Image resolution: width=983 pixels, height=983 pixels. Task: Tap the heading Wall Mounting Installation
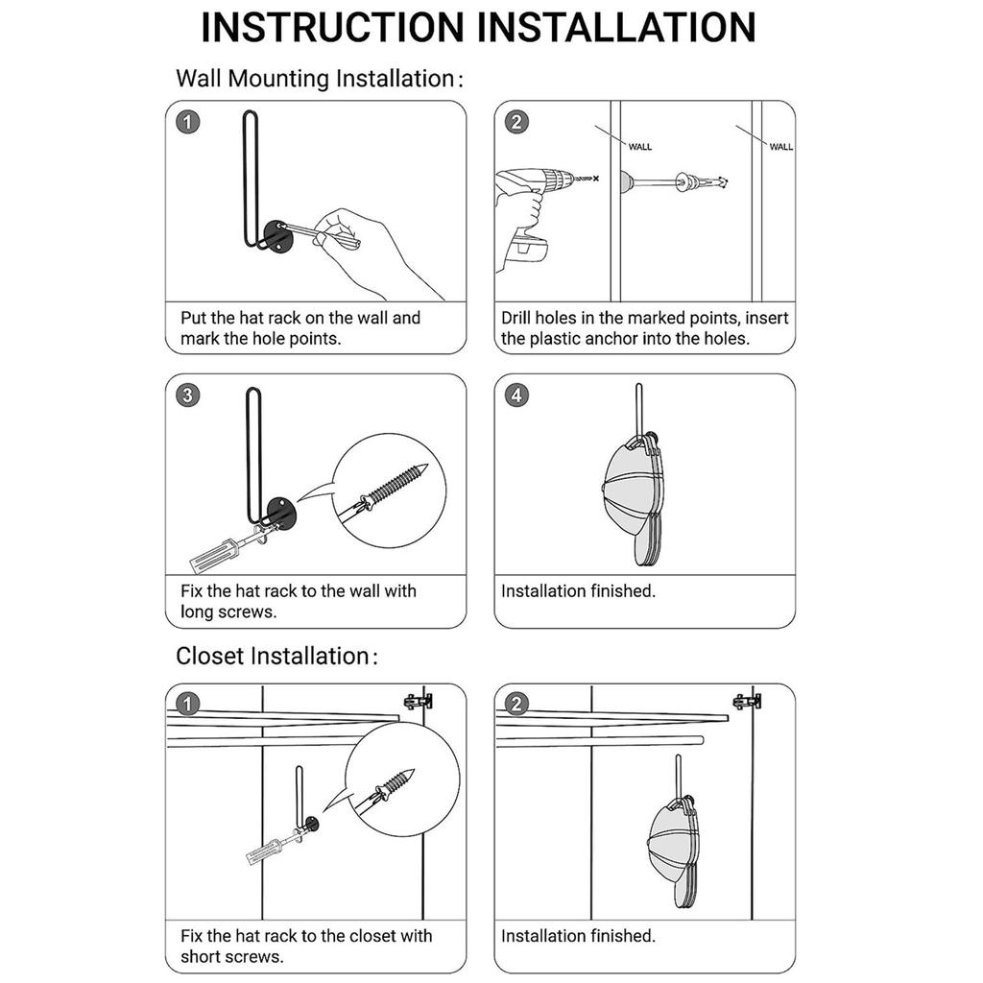click(314, 79)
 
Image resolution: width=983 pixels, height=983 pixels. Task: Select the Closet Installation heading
click(272, 657)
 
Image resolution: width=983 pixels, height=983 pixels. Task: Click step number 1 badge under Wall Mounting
click(188, 123)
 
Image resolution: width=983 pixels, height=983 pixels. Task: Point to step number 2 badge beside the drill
click(516, 123)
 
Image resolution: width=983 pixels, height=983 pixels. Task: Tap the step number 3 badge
click(188, 396)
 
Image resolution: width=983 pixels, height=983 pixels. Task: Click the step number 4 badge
click(516, 396)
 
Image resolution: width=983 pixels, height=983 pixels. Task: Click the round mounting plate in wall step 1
click(277, 235)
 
